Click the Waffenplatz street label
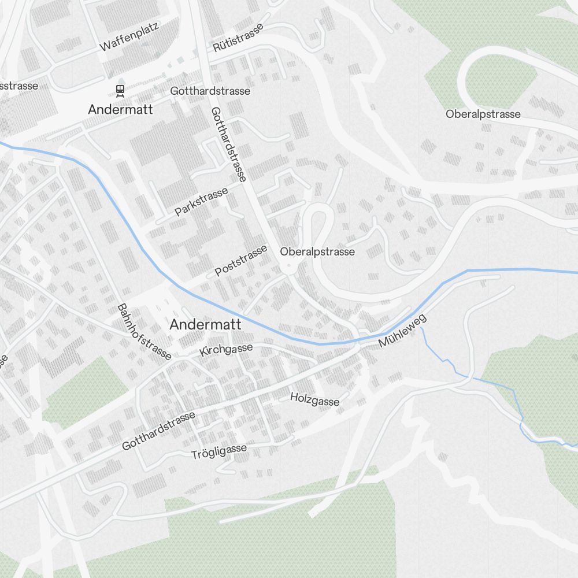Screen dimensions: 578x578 [129, 36]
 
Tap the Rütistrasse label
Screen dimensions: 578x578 [238, 38]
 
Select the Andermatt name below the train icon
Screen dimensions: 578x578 [120, 109]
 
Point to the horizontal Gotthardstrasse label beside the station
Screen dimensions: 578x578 [210, 91]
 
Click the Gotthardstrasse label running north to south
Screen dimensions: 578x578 [228, 144]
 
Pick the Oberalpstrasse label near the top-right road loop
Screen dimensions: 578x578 [483, 114]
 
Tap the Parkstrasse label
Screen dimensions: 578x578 [201, 201]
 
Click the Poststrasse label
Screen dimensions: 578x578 [242, 260]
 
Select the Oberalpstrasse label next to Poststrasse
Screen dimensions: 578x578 [317, 251]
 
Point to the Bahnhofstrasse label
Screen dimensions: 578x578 [144, 332]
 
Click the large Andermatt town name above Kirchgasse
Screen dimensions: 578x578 [205, 325]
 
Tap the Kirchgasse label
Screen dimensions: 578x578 [226, 350]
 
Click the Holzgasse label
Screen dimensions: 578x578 [315, 399]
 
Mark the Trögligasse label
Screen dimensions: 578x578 [219, 451]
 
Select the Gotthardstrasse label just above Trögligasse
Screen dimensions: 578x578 [159, 431]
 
